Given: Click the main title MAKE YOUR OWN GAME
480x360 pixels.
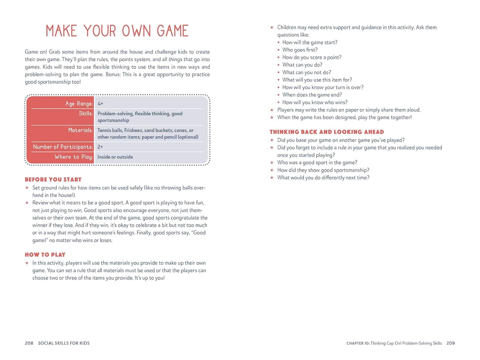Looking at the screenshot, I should tap(117, 31).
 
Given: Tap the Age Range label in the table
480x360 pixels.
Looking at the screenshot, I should tap(79, 104).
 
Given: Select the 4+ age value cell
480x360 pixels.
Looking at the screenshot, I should tap(100, 104).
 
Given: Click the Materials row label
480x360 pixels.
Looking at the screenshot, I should tap(80, 130).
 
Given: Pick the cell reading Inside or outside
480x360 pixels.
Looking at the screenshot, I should tap(115, 157).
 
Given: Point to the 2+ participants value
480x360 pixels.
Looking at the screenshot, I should tap(100, 147).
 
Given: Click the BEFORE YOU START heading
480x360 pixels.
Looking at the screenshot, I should tap(53, 180).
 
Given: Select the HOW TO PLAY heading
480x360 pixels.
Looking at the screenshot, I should tap(45, 255).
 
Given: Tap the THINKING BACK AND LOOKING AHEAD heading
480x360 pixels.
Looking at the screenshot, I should tap(327, 132).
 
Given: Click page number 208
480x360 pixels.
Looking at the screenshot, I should tap(29, 343).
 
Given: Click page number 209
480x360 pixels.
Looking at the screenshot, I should tap(451, 343).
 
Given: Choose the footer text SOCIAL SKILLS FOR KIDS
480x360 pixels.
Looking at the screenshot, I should tap(64, 343).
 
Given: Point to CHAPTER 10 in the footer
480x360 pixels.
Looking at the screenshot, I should tap(358, 343).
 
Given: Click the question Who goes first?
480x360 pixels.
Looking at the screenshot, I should tap(300, 50).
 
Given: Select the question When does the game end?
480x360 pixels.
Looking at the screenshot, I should tap(312, 95).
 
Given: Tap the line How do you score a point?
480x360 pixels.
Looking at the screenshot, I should tap(312, 58).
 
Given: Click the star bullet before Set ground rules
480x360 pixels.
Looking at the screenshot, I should tap(27, 188).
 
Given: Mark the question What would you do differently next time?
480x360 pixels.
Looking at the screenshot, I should tap(323, 178).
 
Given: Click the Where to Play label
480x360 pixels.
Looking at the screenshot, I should tap(74, 157).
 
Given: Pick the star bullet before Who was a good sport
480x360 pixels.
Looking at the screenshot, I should tap(272, 163).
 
